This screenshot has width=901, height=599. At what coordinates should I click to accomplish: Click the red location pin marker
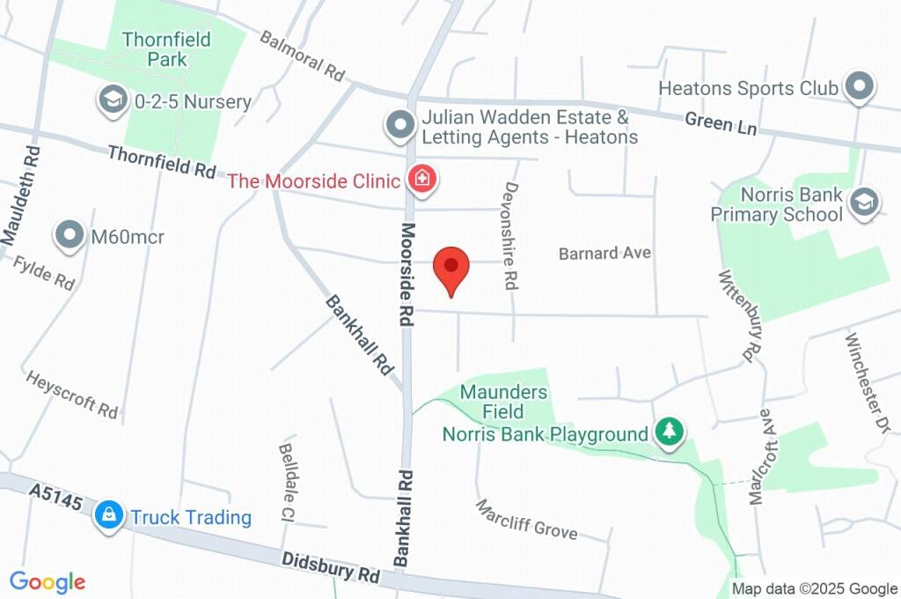452,267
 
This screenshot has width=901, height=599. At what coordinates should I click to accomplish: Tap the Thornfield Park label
155,49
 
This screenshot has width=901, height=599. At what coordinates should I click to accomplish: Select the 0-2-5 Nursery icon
112,100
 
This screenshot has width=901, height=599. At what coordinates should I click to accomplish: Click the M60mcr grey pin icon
70,235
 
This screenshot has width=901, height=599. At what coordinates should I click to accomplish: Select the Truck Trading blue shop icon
109,516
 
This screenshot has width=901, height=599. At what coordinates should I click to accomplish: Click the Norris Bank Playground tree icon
670,432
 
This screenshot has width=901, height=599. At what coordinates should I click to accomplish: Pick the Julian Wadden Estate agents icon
400,126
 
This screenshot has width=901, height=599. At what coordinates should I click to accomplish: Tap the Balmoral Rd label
302,56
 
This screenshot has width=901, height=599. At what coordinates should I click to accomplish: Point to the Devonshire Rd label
509,235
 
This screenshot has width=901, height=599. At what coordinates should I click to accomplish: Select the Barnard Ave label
604,254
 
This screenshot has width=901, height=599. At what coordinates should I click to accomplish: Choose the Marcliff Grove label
527,519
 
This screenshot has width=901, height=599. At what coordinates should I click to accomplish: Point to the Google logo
48,581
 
